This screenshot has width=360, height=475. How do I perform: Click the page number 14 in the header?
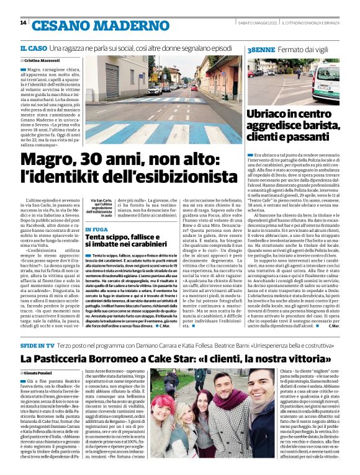[23, 23]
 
